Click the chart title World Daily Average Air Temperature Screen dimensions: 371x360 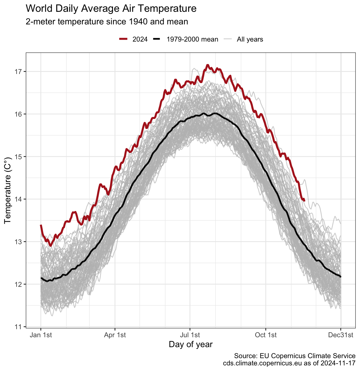pyautogui.click(x=111, y=9)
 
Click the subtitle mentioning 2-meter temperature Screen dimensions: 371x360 pyautogui.click(x=107, y=21)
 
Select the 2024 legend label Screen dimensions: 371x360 pyautogui.click(x=140, y=39)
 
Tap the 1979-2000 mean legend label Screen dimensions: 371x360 pyautogui.click(x=192, y=39)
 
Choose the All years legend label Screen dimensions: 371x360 pyautogui.click(x=250, y=39)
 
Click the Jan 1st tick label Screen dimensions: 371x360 pyautogui.click(x=41, y=335)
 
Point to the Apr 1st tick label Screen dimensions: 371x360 pyautogui.click(x=115, y=335)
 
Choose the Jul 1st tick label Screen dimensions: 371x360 pyautogui.click(x=190, y=335)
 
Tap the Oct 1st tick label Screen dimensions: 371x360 pyautogui.click(x=266, y=335)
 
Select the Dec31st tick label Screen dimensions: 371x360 pyautogui.click(x=341, y=335)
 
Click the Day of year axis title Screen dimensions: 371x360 pyautogui.click(x=190, y=344)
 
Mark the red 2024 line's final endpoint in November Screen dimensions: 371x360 pyautogui.click(x=305, y=201)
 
